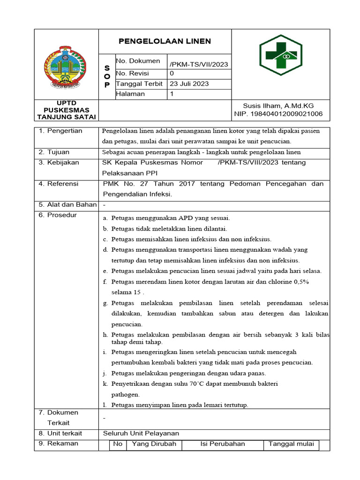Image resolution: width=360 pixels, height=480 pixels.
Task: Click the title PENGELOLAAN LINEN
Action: [165, 41]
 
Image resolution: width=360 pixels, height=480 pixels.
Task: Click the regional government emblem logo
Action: [65, 67]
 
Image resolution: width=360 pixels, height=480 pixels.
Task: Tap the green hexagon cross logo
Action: [281, 55]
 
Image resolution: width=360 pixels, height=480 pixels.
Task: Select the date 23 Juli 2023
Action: [189, 84]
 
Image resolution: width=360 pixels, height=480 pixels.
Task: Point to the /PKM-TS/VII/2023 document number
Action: [199, 64]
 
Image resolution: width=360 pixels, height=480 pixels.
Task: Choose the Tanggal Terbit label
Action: [139, 84]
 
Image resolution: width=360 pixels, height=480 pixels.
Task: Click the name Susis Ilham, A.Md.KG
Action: [278, 105]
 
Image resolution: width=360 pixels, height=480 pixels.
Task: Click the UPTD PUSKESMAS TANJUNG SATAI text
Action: [66, 110]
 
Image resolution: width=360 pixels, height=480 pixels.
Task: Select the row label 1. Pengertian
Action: [60, 131]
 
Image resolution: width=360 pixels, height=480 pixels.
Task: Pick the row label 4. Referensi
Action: [59, 184]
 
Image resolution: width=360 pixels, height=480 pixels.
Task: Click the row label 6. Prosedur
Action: [58, 215]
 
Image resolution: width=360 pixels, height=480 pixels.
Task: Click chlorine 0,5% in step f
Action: [288, 282]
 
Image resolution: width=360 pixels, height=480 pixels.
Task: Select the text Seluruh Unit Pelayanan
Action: [141, 433]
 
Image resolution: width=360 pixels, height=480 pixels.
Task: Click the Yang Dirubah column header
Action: [154, 444]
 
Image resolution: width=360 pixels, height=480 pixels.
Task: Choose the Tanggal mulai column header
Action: [291, 444]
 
